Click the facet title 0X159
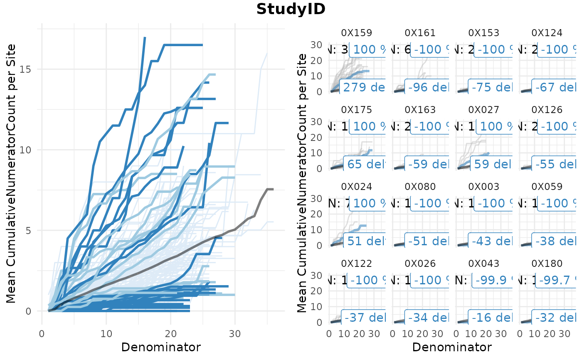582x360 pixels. coord(356,33)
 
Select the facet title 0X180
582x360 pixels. coord(547,264)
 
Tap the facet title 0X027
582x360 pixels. coord(483,110)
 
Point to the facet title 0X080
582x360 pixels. coord(420,187)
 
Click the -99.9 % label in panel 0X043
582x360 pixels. coord(492,280)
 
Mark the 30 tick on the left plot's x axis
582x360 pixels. coord(235,334)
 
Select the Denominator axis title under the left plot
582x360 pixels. coord(161,348)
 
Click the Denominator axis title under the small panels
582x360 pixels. coord(452,348)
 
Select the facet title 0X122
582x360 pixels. coord(356,264)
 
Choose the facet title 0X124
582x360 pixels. coord(547,33)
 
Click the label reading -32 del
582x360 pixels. coord(555,318)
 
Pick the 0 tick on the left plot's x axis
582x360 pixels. coord(42,334)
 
